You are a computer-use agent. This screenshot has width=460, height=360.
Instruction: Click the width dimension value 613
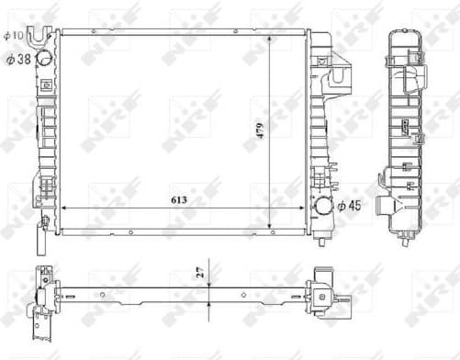coord(174,198)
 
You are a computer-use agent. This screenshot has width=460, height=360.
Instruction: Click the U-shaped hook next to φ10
coord(38,36)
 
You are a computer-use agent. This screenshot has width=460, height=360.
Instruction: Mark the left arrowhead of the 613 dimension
coord(64,209)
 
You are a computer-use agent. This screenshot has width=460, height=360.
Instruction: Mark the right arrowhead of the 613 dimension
coord(303,209)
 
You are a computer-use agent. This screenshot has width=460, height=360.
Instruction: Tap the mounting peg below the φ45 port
coord(323,240)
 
